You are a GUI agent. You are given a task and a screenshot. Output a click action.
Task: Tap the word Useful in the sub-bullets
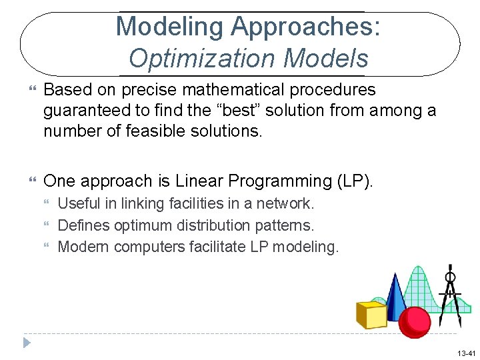pyautogui.click(x=78, y=203)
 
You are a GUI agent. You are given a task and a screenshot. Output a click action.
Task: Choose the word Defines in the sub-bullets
pyautogui.click(x=84, y=225)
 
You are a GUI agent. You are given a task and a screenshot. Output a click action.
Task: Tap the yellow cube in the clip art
pyautogui.click(x=371, y=314)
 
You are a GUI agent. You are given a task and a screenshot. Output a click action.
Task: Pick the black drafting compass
pyautogui.click(x=451, y=293)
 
